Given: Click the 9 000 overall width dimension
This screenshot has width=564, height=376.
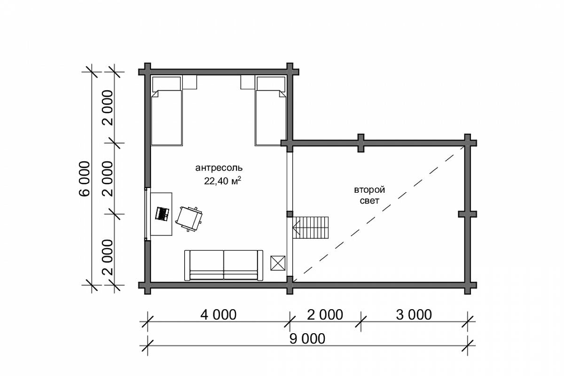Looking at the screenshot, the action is click(x=307, y=339).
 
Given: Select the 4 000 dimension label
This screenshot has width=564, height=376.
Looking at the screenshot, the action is click(x=218, y=314).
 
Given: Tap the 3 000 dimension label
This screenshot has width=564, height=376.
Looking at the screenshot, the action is click(x=414, y=314).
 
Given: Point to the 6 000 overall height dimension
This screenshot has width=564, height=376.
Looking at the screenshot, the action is click(x=84, y=179).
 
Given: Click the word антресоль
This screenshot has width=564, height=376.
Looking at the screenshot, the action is click(x=219, y=168).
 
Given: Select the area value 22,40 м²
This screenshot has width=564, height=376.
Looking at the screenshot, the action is click(x=223, y=181).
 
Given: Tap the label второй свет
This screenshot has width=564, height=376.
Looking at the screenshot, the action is click(x=369, y=195).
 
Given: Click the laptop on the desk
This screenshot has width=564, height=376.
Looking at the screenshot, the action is click(x=162, y=214).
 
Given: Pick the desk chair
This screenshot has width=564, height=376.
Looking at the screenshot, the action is click(x=189, y=219).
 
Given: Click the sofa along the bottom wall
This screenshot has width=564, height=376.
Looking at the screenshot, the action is click(x=224, y=265).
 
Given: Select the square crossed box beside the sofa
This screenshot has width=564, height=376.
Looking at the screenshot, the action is click(x=278, y=263).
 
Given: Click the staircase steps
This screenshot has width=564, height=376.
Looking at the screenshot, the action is click(x=311, y=227).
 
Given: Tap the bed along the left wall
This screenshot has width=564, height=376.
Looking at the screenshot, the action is click(x=167, y=111).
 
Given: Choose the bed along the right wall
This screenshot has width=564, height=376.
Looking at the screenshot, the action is click(x=270, y=111).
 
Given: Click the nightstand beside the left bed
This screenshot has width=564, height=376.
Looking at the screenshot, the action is click(x=189, y=82).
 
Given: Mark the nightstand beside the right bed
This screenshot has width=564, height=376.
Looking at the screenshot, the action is click(x=248, y=82).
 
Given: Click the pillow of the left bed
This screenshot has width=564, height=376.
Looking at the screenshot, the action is click(x=167, y=84).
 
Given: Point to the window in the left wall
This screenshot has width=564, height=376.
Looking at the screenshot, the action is click(x=147, y=214).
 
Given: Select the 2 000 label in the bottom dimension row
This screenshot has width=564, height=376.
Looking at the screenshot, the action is click(x=325, y=314).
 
